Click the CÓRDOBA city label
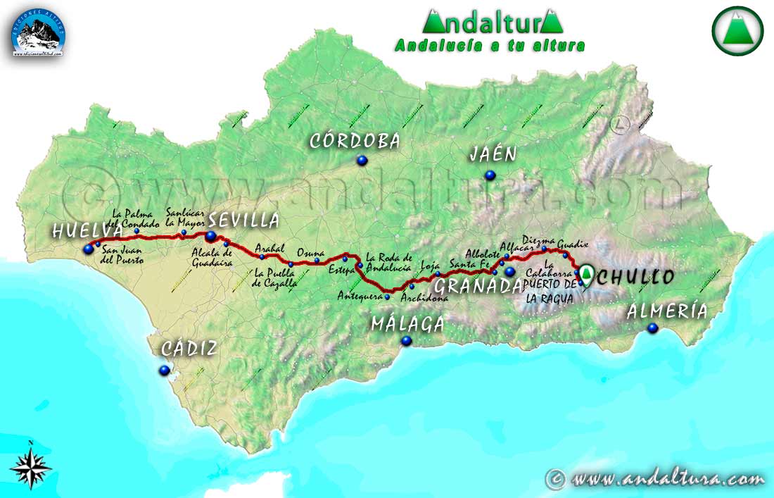pyautogui.click(x=355, y=141)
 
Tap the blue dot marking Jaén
pyautogui.click(x=489, y=175)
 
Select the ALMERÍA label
pyautogui.click(x=667, y=311)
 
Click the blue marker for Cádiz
pyautogui.click(x=165, y=370)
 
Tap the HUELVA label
pyautogui.click(x=82, y=230)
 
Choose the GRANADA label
pyautogui.click(x=478, y=285)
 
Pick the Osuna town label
pyautogui.click(x=310, y=252)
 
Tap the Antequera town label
pyautogui.click(x=360, y=296)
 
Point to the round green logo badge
pyautogui.click(x=737, y=30)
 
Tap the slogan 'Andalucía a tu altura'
pyautogui.click(x=490, y=46)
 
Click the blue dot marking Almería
pyautogui.click(x=652, y=328)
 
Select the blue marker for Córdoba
pyautogui.click(x=362, y=161)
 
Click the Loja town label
pyautogui.click(x=430, y=266)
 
